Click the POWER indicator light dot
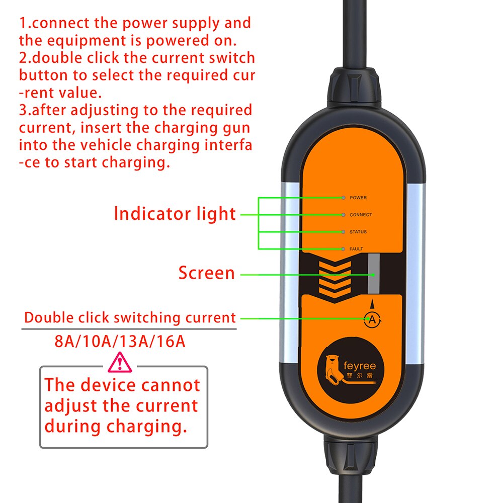pos(343,198)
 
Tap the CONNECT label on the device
pos(361,215)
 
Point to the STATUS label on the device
pos(358,232)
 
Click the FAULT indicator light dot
pos(343,249)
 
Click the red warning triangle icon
pos(120,361)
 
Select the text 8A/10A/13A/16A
pos(120,342)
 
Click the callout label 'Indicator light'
pos(175,214)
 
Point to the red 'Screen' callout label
pos(206,273)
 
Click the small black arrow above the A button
pos(372,304)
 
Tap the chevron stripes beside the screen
pos(334,277)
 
